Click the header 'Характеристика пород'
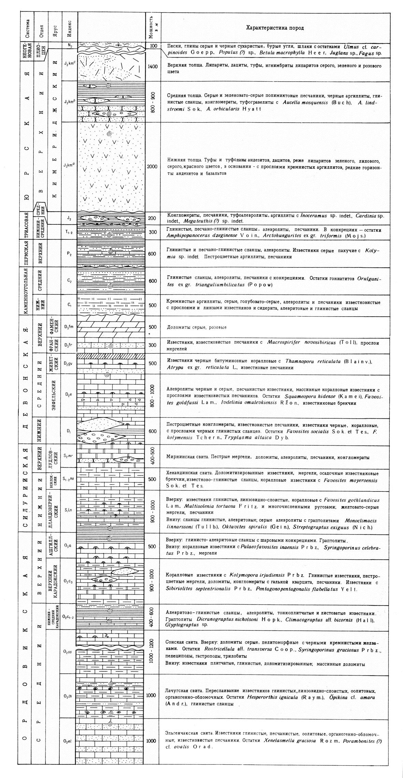pos(275,28)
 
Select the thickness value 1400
pos(153,66)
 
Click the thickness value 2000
pos(152,166)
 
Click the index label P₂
pos(69,254)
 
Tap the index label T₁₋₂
pos(69,232)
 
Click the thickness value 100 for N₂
pos(153,45)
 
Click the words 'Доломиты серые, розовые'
pos(197,327)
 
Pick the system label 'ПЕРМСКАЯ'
pos(25,253)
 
